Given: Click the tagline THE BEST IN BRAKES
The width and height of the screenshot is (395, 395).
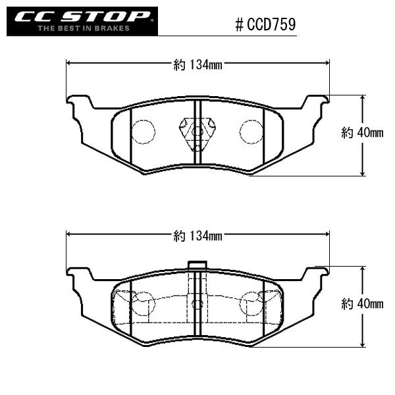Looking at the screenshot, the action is (84, 28).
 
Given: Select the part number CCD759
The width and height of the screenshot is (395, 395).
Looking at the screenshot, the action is (271, 25).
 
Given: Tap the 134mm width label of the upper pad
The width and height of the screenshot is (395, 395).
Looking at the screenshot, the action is (197, 65).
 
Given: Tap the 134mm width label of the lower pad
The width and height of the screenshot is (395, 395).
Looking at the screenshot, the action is (197, 236).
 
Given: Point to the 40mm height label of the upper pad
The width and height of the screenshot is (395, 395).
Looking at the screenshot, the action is (362, 133).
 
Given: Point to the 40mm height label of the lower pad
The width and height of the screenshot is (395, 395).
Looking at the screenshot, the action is (362, 304).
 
